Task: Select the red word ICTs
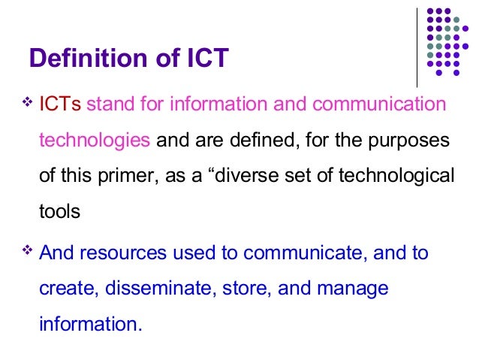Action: [x=60, y=104]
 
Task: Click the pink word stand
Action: [x=110, y=104]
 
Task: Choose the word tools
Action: [x=59, y=212]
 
